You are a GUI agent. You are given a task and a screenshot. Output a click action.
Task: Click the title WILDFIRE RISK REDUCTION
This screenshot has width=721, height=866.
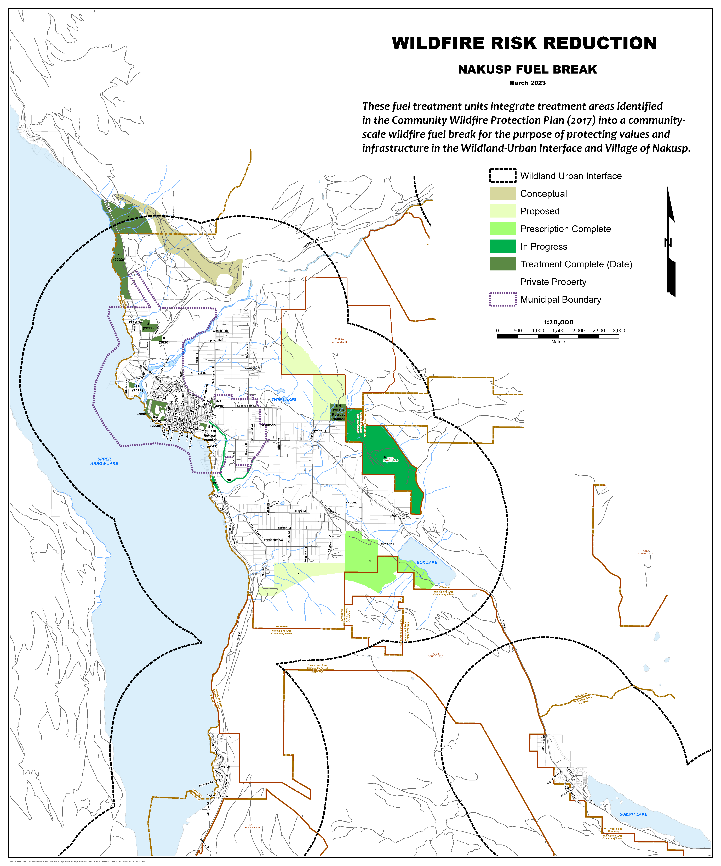(x=524, y=43)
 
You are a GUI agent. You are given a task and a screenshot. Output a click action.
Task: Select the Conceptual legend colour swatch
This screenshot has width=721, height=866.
(x=502, y=193)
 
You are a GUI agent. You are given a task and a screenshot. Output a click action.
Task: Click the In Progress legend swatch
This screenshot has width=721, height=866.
(x=502, y=246)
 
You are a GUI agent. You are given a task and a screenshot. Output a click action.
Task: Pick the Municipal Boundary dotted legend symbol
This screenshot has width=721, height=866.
(x=502, y=299)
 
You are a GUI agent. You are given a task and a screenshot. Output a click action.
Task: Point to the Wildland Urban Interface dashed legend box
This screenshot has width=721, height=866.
(x=502, y=176)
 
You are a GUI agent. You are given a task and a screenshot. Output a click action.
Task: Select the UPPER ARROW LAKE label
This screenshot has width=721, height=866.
(x=104, y=461)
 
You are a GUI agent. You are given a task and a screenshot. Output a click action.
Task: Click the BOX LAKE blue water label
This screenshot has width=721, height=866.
(x=427, y=562)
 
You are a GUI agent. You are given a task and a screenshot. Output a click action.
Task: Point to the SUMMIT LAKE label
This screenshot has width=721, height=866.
(x=633, y=814)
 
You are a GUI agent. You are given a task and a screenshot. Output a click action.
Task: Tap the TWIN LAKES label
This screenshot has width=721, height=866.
(x=284, y=400)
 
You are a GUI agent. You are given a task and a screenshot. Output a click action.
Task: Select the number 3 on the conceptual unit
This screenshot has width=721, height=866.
(x=188, y=250)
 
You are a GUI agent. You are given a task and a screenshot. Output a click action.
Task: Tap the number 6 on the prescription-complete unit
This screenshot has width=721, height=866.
(x=370, y=561)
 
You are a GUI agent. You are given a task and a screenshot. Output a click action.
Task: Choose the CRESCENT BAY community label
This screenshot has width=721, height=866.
(x=274, y=540)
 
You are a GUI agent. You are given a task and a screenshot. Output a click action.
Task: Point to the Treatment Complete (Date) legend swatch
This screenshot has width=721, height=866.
(x=502, y=264)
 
